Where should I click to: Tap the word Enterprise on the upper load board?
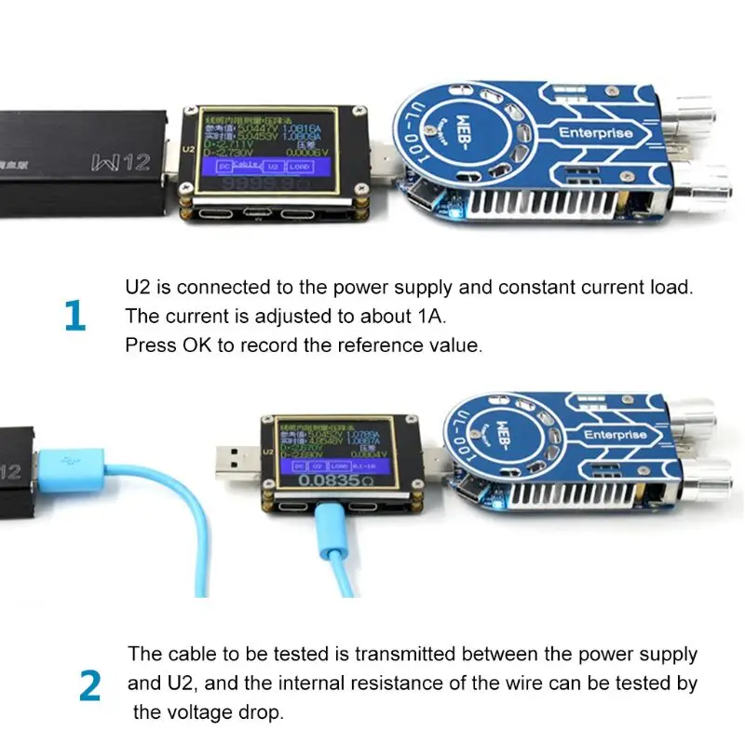(x=595, y=133)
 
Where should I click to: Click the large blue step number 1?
(x=75, y=317)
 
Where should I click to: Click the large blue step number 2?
(x=89, y=685)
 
